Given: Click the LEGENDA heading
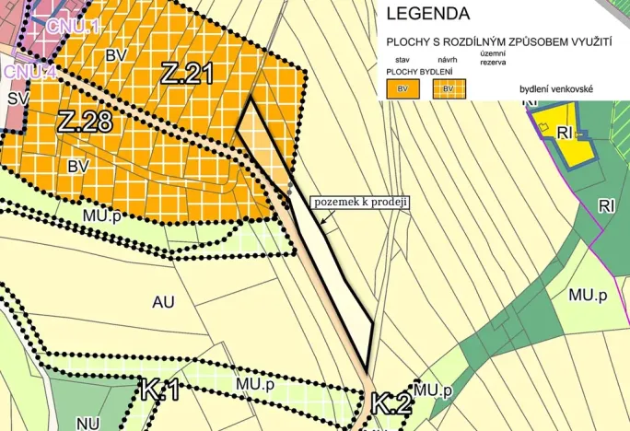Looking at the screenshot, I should pos(428,14).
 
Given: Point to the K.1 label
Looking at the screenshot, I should pos(160,389).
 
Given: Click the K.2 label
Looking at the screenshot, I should pos(391,402).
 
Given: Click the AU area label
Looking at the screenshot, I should pos(163,301).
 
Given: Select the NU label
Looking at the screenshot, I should pos(88,424).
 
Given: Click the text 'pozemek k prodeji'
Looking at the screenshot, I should pos(361,202).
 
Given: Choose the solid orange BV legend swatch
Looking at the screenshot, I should pos(403,87).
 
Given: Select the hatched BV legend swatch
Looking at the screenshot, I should pos(449,87).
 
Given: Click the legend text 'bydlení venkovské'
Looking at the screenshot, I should pos(556,88).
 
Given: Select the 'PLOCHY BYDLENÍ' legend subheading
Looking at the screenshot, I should pos(415,71).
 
